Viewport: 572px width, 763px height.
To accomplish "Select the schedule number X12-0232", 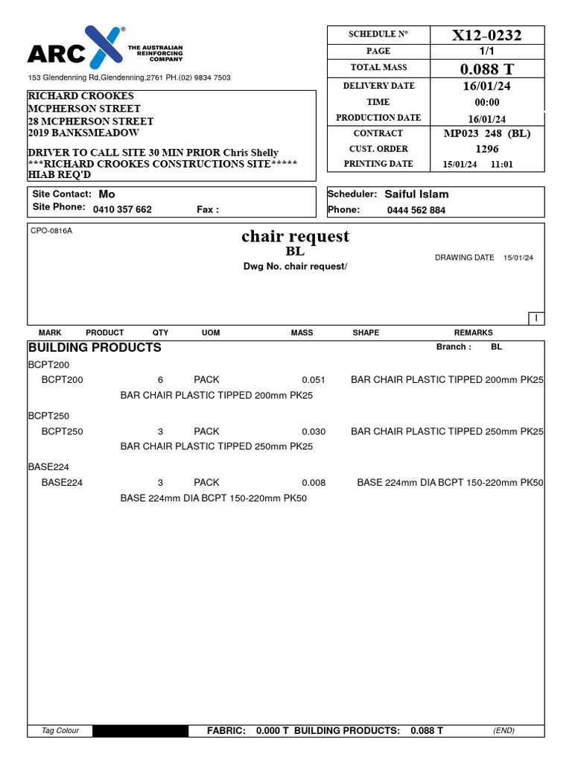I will [x=487, y=35].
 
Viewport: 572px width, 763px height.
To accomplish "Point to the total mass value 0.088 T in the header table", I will [x=487, y=69].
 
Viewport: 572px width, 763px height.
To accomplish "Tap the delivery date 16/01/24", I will [x=487, y=86].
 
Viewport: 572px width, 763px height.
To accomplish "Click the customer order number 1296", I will [x=487, y=148].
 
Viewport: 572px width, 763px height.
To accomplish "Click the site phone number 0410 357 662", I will [x=122, y=209].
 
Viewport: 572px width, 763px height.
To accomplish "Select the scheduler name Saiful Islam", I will [x=416, y=194].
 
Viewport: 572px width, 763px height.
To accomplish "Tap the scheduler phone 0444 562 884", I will [x=416, y=210].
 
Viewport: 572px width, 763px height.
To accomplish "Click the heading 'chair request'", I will [x=295, y=236].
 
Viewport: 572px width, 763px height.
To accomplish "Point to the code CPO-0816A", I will [x=51, y=231].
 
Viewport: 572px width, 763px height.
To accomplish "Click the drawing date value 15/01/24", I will [x=518, y=258].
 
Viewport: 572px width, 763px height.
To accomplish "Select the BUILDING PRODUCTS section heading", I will [x=95, y=347].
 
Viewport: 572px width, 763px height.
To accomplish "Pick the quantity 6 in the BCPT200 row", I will [x=160, y=379].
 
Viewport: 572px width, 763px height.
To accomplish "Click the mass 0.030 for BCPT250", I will [x=314, y=431].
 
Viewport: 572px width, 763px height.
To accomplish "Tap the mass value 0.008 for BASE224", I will [x=314, y=483].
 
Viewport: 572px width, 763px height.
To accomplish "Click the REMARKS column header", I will [x=473, y=332].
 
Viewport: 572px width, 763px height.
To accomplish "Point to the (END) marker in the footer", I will [x=503, y=731].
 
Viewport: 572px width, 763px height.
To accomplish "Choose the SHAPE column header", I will [x=366, y=332].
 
